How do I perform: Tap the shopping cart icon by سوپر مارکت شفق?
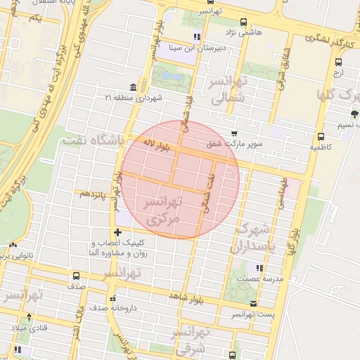234,134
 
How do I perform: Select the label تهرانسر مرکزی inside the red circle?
162,210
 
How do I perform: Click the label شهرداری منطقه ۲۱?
134,97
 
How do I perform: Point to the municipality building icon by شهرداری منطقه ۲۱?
134,86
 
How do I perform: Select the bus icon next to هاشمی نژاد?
243,22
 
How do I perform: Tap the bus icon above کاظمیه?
321,137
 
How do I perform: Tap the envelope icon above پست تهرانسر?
254,303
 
